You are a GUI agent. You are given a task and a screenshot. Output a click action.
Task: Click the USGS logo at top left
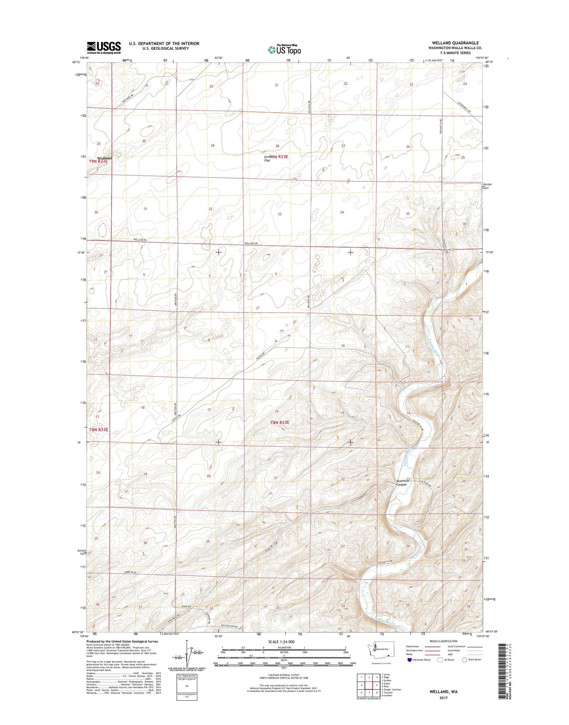(104, 48)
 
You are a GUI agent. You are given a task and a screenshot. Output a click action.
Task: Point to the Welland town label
(105, 158)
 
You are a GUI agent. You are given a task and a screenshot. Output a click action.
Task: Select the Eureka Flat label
(270, 158)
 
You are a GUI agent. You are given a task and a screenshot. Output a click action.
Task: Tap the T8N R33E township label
(280, 422)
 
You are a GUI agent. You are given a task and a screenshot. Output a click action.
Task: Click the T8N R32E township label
(98, 430)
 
